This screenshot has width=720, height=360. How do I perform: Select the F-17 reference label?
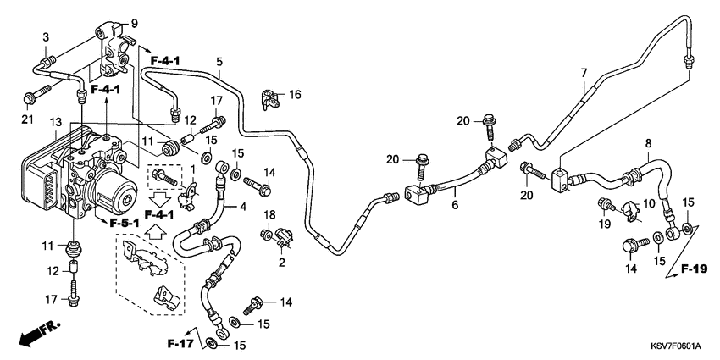point(180,343)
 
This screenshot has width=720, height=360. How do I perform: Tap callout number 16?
point(295,93)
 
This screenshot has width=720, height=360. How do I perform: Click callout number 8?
point(649,143)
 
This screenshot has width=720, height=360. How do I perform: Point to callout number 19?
point(605,224)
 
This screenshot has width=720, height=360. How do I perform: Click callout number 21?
point(25,118)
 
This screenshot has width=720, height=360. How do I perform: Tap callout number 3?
point(47,38)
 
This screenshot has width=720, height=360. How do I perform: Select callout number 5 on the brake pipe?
point(219,61)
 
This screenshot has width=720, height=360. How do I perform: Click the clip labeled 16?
point(272,99)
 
